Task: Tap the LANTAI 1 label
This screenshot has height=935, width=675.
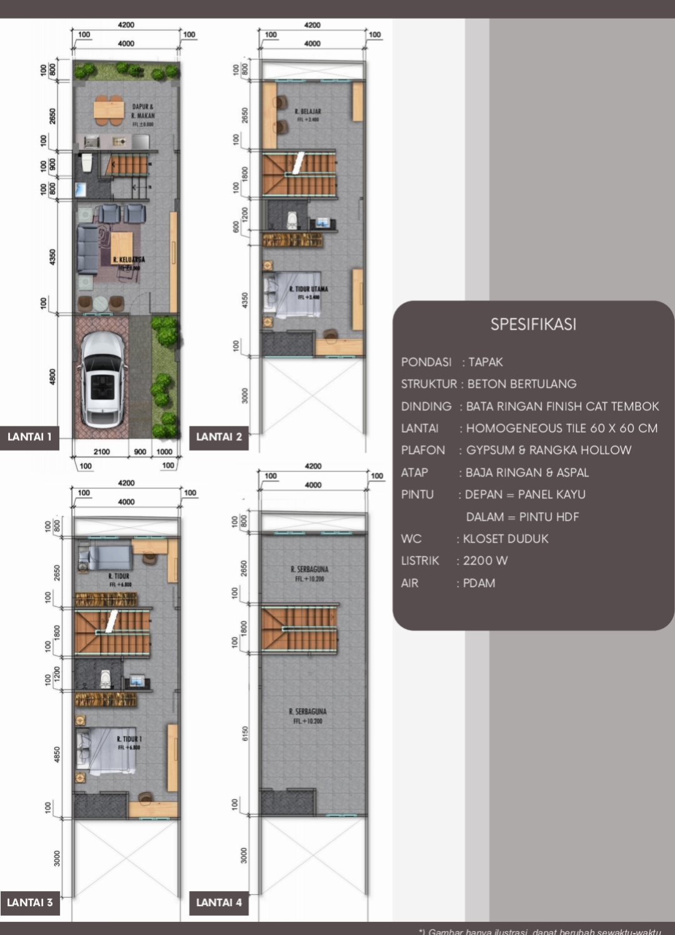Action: tap(29, 437)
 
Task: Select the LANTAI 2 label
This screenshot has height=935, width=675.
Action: tap(219, 437)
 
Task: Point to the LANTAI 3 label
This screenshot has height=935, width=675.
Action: tap(29, 903)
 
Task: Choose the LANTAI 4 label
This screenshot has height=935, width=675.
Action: tap(219, 903)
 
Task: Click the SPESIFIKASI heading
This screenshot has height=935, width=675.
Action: tap(533, 324)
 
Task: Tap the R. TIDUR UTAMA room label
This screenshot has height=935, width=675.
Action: tap(308, 289)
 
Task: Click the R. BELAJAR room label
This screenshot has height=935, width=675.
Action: tap(307, 111)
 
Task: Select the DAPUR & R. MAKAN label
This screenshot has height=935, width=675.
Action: tap(142, 111)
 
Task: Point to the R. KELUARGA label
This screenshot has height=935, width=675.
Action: tap(129, 259)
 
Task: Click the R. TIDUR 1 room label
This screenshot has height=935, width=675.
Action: tap(129, 739)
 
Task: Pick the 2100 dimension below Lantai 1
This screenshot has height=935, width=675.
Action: tap(101, 452)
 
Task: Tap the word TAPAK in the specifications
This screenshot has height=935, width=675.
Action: tap(486, 362)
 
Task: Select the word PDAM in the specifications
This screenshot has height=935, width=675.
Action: tap(479, 583)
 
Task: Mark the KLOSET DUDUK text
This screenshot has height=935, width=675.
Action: tap(506, 539)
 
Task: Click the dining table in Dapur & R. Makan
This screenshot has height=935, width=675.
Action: tap(109, 109)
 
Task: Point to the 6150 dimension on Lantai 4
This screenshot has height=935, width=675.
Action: tap(245, 733)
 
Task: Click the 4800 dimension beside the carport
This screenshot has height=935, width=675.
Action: tap(52, 377)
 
